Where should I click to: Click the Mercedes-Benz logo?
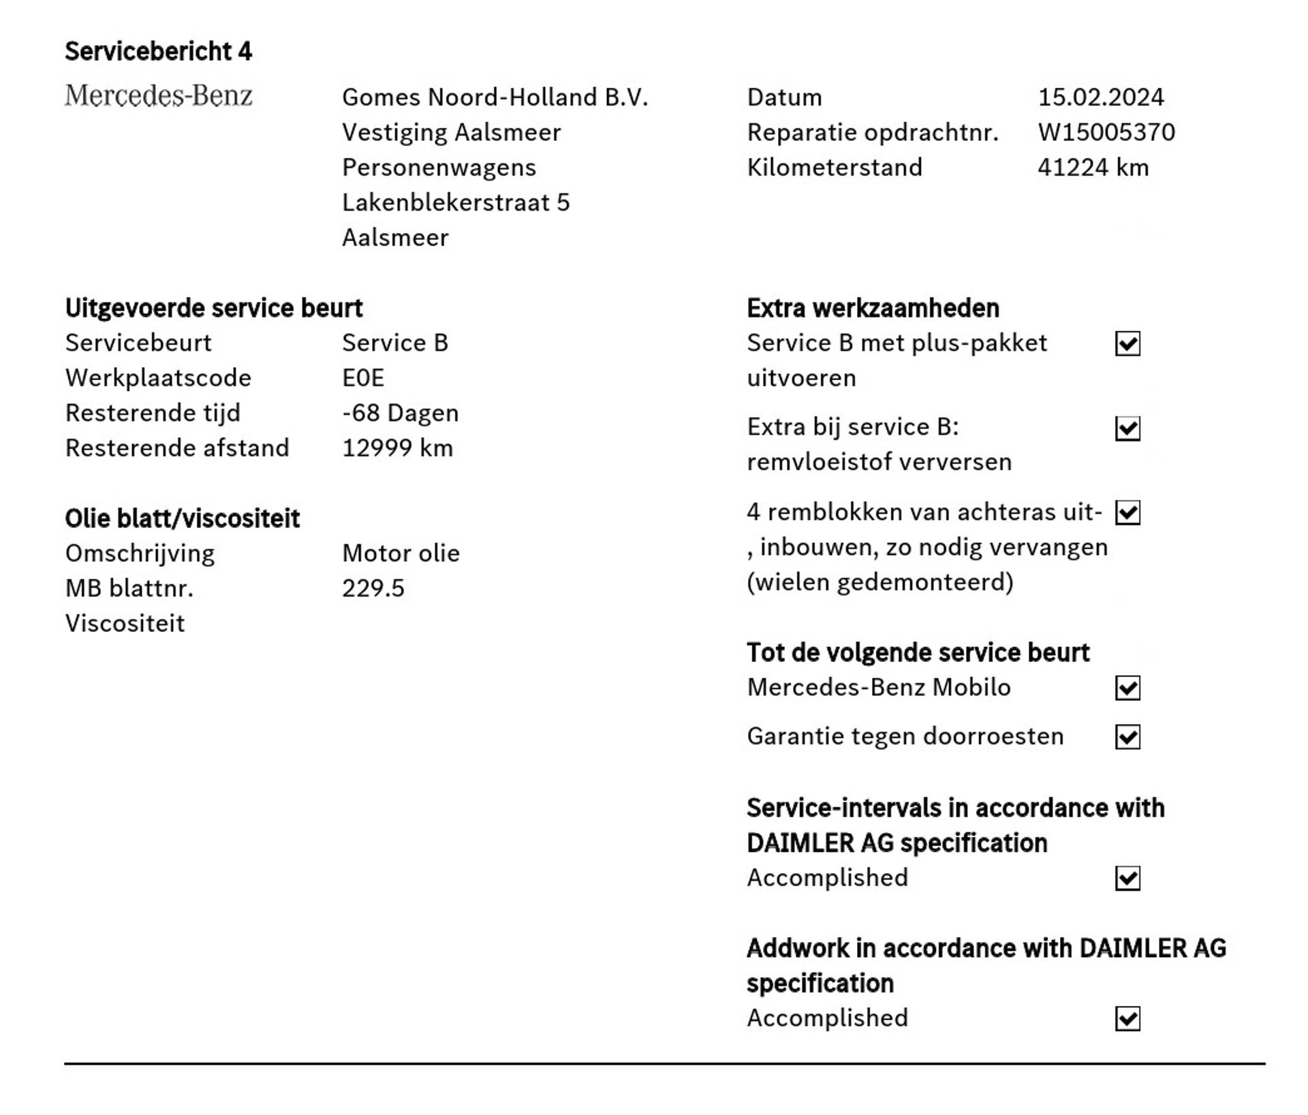click(x=158, y=95)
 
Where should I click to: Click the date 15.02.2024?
click(x=1100, y=97)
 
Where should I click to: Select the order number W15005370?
click(x=1106, y=132)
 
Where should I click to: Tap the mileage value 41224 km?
click(x=1093, y=168)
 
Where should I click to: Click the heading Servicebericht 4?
click(x=158, y=51)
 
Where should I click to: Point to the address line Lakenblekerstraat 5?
click(x=455, y=202)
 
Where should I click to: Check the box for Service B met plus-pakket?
click(x=1127, y=344)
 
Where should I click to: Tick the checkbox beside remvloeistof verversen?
click(x=1127, y=428)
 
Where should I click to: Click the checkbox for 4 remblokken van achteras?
click(x=1127, y=513)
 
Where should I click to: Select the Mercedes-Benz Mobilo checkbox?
click(x=1127, y=688)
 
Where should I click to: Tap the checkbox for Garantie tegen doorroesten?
click(x=1127, y=737)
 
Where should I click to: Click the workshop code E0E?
click(x=363, y=378)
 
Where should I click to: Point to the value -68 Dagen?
click(x=400, y=413)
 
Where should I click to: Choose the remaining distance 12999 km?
click(x=397, y=448)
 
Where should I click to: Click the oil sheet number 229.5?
click(x=373, y=588)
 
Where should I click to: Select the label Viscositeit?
click(x=125, y=623)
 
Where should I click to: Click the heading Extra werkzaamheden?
click(x=873, y=308)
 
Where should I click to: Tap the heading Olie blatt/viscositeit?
click(x=182, y=518)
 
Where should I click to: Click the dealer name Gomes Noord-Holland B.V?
click(x=495, y=97)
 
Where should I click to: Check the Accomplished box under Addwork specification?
click(x=1127, y=1019)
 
